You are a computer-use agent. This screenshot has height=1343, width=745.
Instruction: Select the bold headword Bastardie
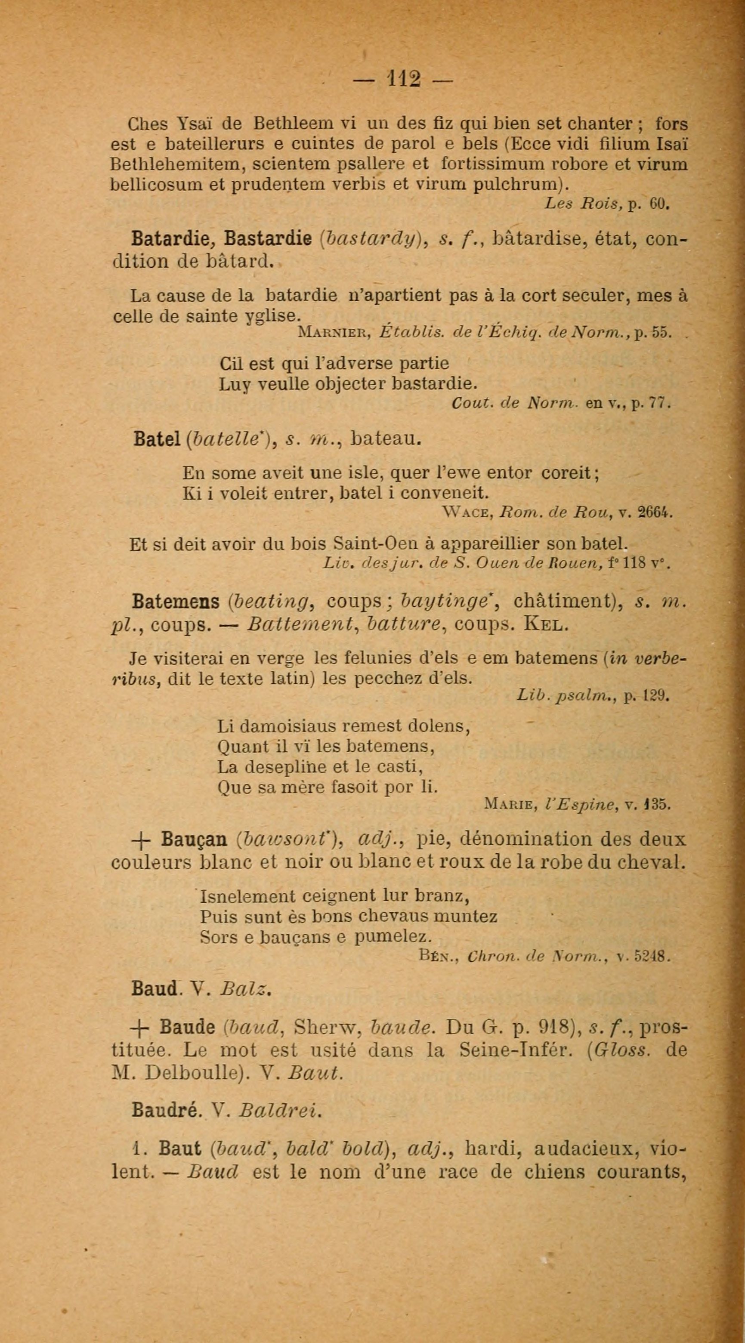[268, 239]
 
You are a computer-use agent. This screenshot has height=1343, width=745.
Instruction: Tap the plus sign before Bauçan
[143, 840]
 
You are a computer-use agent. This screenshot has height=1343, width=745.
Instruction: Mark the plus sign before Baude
[142, 1028]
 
